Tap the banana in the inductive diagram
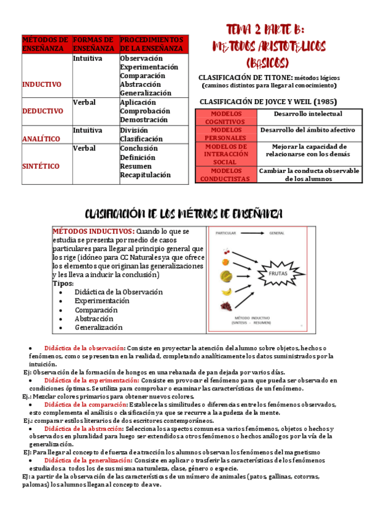(x=227, y=291)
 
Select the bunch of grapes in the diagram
(x=227, y=306)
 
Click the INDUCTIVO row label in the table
(x=41, y=84)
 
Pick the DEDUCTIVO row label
(x=42, y=111)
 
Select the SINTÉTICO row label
(x=41, y=166)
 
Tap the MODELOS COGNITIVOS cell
(x=225, y=118)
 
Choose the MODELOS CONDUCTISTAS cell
(x=225, y=175)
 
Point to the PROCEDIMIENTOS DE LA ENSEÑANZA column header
(x=152, y=43)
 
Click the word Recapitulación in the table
(x=145, y=175)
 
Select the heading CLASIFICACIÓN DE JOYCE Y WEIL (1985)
(x=268, y=102)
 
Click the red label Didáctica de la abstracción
(x=84, y=428)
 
